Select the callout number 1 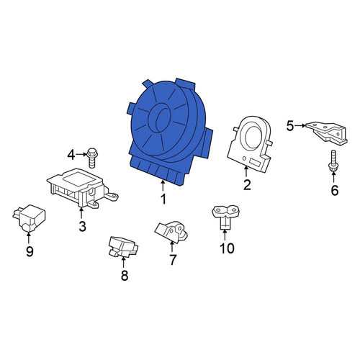pyautogui.click(x=163, y=199)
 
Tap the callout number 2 pyautogui.click(x=247, y=185)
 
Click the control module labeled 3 pyautogui.click(x=81, y=187)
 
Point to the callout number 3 pyautogui.click(x=82, y=226)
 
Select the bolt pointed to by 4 pyautogui.click(x=92, y=158)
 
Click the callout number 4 pyautogui.click(x=71, y=155)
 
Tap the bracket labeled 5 pyautogui.click(x=328, y=133)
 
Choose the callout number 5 pyautogui.click(x=290, y=125)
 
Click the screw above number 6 pyautogui.click(x=333, y=161)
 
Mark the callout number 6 pyautogui.click(x=335, y=190)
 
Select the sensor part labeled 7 pyautogui.click(x=171, y=232)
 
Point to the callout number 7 pyautogui.click(x=173, y=259)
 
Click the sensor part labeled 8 pyautogui.click(x=122, y=247)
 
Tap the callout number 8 pyautogui.click(x=125, y=275)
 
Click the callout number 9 pyautogui.click(x=30, y=251)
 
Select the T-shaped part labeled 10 pyautogui.click(x=226, y=216)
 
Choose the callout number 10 pyautogui.click(x=227, y=248)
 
